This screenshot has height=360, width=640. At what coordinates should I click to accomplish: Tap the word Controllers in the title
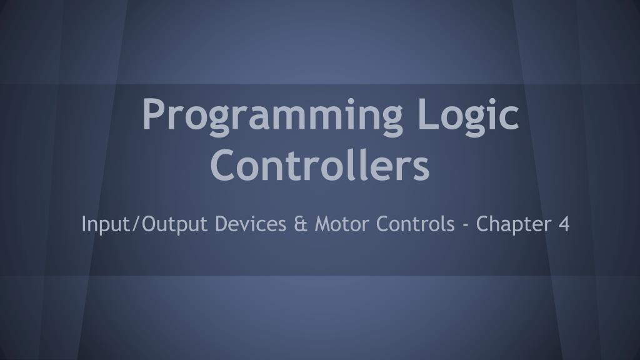click(320, 164)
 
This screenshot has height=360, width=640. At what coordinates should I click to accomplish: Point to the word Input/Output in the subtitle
click(144, 224)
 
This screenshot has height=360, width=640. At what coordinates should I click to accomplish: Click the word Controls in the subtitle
click(416, 223)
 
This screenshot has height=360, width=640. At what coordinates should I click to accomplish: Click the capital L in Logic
click(424, 114)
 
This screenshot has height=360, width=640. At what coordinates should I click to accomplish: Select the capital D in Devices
click(221, 223)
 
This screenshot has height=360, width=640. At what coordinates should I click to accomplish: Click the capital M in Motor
click(322, 223)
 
